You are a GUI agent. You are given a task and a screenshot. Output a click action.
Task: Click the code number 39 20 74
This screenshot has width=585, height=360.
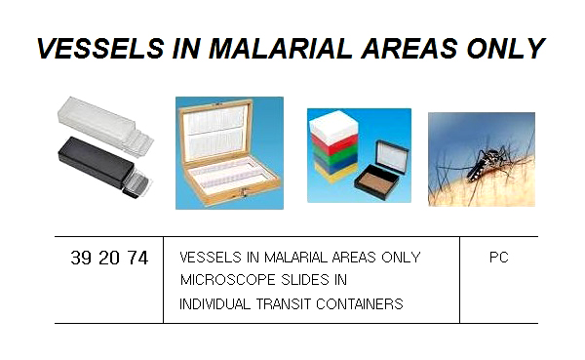pyautogui.click(x=109, y=259)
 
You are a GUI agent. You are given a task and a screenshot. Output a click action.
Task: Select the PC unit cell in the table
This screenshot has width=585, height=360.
pyautogui.click(x=498, y=258)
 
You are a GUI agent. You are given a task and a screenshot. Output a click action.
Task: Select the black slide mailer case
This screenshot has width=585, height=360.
pyautogui.click(x=92, y=166)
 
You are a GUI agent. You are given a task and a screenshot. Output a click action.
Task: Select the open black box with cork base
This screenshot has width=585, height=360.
pyautogui.click(x=380, y=172)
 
